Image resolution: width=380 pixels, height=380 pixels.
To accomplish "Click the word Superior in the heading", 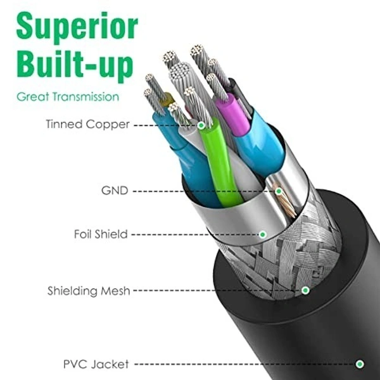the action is pos(77,26).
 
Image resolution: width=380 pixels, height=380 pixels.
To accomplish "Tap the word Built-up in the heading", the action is pos(75,64).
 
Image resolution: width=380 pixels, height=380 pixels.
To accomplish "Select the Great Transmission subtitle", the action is pos(68,97).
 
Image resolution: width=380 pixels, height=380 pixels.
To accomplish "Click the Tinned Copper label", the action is pos(87,124).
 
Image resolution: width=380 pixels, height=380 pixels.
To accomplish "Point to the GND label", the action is pos(115,191).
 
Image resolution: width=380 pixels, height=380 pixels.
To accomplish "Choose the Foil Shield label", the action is pos(101,234).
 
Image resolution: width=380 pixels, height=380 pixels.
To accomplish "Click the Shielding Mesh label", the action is pos(89,291).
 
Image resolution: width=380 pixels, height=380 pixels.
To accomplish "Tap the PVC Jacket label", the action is pos(96,364).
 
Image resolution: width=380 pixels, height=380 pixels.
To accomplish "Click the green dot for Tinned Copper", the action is pos(201,125).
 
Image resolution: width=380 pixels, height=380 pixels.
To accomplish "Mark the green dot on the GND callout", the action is pos(279,191).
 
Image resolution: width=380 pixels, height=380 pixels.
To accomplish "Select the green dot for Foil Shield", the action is pos(263,234).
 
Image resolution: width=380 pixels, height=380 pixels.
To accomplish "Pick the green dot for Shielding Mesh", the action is pos(305,290).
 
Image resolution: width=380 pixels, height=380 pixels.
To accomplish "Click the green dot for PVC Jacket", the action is pos(360,364).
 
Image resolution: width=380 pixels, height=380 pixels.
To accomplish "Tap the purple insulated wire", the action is pos(232,115).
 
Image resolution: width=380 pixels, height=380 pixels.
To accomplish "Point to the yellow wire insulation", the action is pos(168,100).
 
